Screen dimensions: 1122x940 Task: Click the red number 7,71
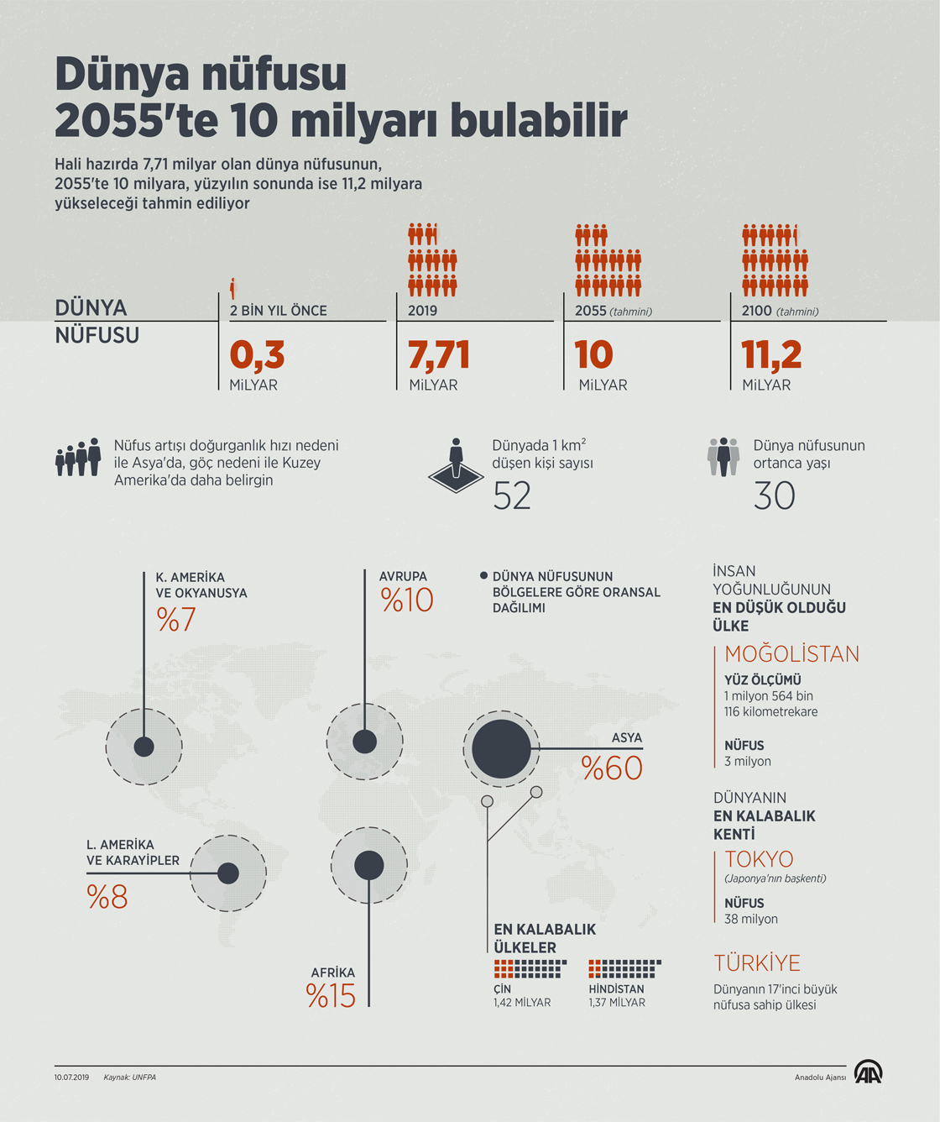tap(438, 354)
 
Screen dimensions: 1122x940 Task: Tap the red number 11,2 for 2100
tap(771, 354)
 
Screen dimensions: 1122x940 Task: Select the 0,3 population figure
tap(257, 354)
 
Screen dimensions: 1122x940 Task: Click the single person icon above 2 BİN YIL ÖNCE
tap(233, 288)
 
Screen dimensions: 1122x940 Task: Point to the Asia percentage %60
tap(612, 768)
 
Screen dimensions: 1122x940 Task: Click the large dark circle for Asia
tap(501, 748)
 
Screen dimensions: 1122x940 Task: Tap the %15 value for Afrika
tap(332, 996)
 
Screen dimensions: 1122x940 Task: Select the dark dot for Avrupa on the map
tap(364, 742)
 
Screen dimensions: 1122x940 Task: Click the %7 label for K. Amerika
tap(176, 620)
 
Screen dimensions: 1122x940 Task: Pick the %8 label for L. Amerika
tap(107, 897)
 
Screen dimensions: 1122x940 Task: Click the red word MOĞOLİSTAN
tap(791, 654)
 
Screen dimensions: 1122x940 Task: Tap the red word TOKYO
tap(759, 859)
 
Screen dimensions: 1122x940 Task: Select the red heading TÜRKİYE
tap(757, 963)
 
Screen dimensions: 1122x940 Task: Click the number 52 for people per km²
tap(512, 496)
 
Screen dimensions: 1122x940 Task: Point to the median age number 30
tap(774, 495)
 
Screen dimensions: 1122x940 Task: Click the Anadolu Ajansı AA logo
tap(868, 1073)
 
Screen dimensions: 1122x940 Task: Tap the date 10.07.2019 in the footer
tap(71, 1077)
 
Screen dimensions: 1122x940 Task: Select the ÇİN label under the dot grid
tap(502, 989)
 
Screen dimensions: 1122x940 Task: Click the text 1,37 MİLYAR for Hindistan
tap(617, 1003)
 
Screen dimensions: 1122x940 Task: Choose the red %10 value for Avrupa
tap(407, 600)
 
